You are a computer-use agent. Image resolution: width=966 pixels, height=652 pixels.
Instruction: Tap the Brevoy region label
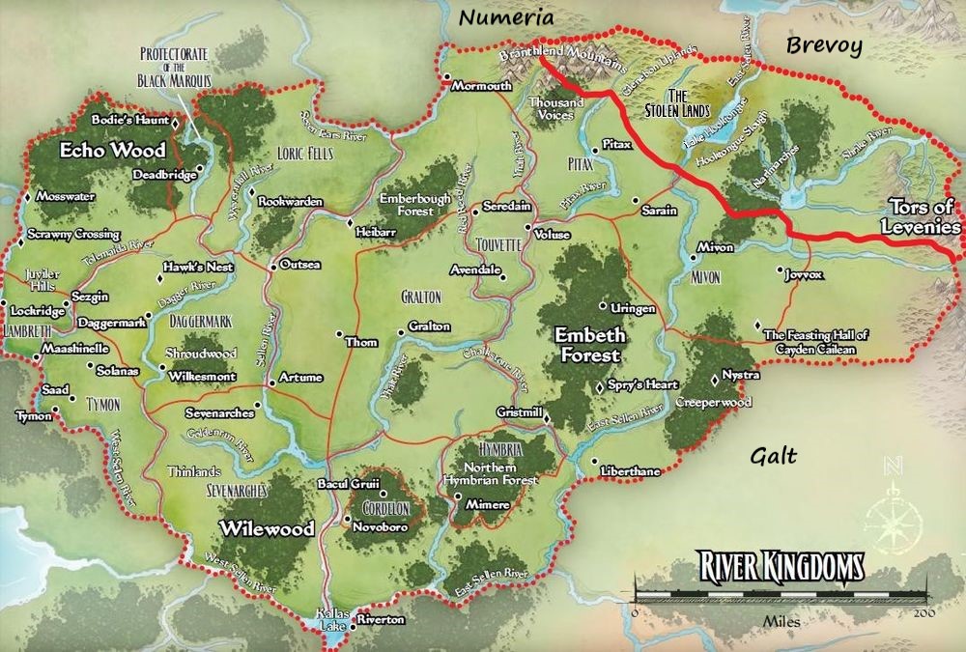822,45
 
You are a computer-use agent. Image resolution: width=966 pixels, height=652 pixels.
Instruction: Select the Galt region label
774,454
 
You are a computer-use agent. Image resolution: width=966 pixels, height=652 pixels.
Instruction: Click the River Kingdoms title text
771,565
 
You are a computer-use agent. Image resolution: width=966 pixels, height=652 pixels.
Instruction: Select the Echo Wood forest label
113,151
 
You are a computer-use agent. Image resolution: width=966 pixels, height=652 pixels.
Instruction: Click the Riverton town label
381,619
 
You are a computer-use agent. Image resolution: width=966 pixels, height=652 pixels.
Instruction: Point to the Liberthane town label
630,470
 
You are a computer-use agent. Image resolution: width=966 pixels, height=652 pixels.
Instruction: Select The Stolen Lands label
691,103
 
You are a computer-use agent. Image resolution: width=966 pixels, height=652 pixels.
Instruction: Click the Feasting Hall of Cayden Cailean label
815,340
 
